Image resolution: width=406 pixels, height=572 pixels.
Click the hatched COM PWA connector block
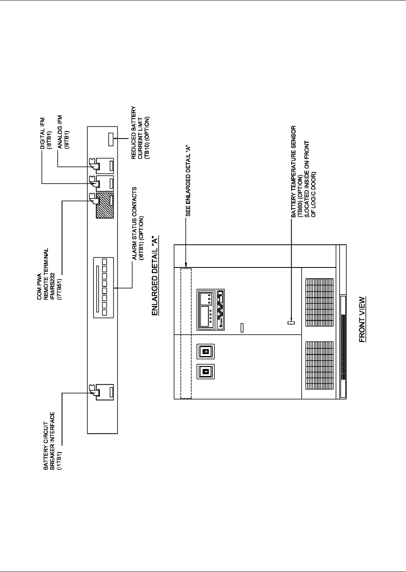(x=105, y=205)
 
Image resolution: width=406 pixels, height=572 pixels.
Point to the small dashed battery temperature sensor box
(x=291, y=323)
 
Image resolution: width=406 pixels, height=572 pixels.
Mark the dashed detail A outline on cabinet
(x=186, y=333)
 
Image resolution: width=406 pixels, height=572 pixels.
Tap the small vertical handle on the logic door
(x=242, y=327)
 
